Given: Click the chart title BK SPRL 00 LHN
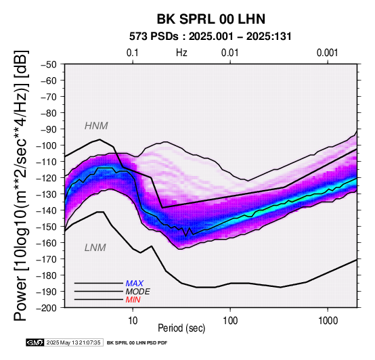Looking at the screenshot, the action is point(211,19).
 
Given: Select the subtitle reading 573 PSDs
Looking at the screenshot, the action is point(154,37).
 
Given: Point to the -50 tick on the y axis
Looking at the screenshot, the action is point(49,64).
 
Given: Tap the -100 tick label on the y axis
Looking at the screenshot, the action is point(47,145).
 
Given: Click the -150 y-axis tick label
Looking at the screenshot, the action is point(47,227).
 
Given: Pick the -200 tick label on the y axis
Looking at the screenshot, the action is point(47,308).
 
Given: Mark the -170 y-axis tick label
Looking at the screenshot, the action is point(47,259).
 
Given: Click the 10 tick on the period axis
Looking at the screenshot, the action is point(133,321).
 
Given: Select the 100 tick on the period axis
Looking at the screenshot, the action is point(230,321).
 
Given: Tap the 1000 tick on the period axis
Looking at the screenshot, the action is point(328,321).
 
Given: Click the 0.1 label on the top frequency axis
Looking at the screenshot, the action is point(133,53).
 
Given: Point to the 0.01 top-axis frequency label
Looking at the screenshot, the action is point(230,53).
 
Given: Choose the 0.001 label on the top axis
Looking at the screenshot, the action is point(328,53).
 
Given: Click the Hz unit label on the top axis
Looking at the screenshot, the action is point(181,53).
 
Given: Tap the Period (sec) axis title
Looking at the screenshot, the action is point(181,328).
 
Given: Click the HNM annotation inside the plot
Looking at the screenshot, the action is point(96,126).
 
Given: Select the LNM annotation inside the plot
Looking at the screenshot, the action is point(95,248).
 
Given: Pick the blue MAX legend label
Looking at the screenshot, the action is point(135,284).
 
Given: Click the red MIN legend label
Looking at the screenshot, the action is point(133,300).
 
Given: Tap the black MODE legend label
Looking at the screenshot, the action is point(138,292).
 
